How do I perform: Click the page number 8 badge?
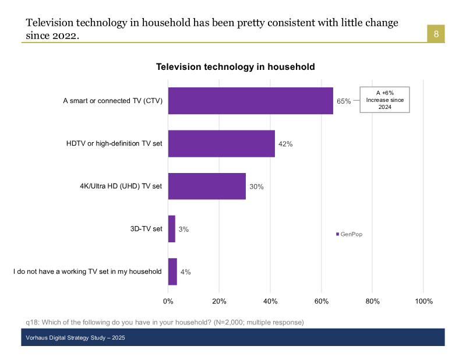(436, 34)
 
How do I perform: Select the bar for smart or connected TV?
(250, 101)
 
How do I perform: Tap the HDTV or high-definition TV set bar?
(221, 143)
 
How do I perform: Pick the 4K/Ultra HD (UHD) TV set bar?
(207, 186)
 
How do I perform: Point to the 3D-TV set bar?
(172, 229)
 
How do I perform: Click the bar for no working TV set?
(172, 271)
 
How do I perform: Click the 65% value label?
(344, 101)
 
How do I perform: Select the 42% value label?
(285, 144)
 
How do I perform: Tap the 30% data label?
(257, 187)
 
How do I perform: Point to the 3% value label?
(183, 230)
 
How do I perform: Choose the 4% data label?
(186, 272)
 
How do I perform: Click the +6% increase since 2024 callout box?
(384, 100)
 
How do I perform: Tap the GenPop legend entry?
(349, 234)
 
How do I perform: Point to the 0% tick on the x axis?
(168, 301)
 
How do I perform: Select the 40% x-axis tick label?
(270, 301)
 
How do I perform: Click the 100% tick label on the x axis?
(423, 301)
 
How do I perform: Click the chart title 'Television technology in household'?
(235, 67)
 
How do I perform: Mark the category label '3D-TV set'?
(146, 229)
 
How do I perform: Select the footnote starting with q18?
(165, 322)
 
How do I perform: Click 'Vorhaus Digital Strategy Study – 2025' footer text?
(75, 338)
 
